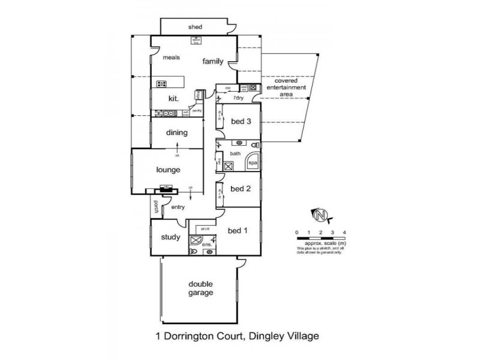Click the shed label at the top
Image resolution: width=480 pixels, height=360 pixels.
(195, 27)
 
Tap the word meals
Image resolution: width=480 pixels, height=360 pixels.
(172, 58)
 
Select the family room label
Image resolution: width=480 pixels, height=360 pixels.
(212, 61)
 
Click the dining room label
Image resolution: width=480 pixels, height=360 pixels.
(178, 133)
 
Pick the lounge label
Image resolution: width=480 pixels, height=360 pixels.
(169, 170)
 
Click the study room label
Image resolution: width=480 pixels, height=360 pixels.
(170, 237)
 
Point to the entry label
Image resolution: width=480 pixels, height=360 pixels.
(178, 207)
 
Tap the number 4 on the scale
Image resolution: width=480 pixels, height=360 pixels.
(344, 232)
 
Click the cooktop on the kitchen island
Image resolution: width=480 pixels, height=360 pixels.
(161, 83)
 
